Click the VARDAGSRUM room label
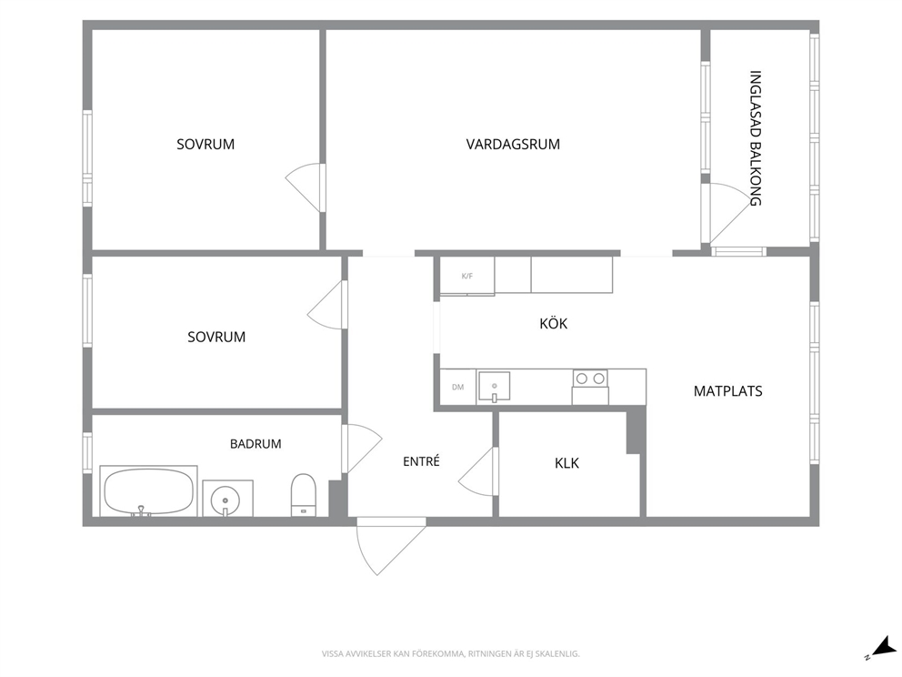pos(513,144)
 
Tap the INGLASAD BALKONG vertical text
pos(756,138)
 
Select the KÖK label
pos(554,323)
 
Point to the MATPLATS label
pos(727,391)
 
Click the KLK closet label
pos(566,463)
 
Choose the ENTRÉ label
pos(421,460)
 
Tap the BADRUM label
pos(256,444)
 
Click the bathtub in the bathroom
pos(148,491)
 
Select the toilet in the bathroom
pos(303,494)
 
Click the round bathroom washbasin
pos(225,499)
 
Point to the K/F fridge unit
pos(467,277)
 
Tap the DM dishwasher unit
pos(458,387)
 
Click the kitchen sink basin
pos(494,386)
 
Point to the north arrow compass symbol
pos(881,647)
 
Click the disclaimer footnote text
pos(450,653)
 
